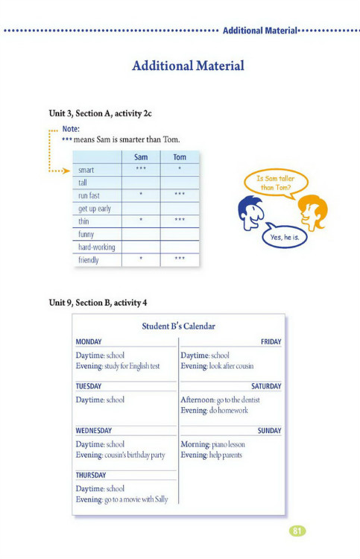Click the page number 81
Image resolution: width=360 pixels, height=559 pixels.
tap(297, 531)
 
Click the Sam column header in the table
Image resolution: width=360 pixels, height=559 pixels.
tap(141, 157)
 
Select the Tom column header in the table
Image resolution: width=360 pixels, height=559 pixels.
tap(180, 157)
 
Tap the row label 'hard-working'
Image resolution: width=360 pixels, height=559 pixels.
tap(97, 247)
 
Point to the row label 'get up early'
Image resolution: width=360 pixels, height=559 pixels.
tap(95, 209)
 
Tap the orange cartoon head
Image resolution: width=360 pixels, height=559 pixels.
tap(312, 211)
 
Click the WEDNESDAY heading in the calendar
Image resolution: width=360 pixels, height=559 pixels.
tap(94, 431)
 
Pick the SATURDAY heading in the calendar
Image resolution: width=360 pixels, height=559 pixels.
tap(266, 387)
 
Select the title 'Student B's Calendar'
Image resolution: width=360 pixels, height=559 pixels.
tap(179, 326)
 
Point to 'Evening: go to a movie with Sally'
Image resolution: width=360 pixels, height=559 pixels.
tap(121, 499)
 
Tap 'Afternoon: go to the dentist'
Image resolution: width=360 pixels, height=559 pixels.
tap(220, 400)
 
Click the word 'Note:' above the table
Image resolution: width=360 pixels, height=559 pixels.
tap(71, 129)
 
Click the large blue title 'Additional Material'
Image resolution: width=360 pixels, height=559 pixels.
tap(188, 66)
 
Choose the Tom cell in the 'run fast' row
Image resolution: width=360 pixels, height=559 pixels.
tap(180, 195)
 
